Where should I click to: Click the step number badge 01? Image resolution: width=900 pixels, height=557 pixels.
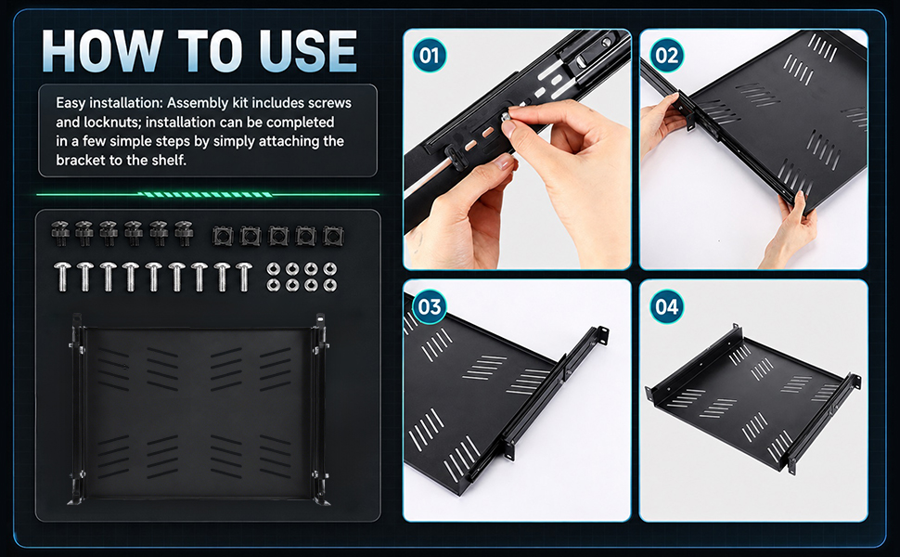(x=430, y=56)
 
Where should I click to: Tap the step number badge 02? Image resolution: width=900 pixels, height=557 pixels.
(x=666, y=56)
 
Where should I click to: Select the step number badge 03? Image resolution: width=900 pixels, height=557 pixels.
(x=430, y=306)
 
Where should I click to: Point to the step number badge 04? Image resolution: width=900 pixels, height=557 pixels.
(x=666, y=306)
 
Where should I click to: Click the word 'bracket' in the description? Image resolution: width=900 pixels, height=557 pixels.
(x=79, y=161)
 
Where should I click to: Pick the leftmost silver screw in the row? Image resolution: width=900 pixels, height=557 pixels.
(x=61, y=277)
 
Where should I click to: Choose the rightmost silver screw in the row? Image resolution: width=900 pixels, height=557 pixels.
(x=244, y=277)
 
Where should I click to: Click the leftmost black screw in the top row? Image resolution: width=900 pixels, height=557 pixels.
(x=60, y=233)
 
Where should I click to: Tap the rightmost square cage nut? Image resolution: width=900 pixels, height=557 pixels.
(x=333, y=236)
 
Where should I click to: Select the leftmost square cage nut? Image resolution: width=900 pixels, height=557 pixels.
(x=222, y=236)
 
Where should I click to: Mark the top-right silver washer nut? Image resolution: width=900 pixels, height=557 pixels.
(x=330, y=268)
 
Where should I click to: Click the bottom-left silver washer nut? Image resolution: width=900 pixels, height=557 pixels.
(x=274, y=285)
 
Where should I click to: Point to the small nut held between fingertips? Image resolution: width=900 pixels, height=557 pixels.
(x=507, y=118)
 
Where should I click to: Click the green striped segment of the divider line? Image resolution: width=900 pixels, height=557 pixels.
(x=205, y=195)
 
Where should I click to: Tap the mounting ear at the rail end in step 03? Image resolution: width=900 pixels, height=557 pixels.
(x=601, y=335)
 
